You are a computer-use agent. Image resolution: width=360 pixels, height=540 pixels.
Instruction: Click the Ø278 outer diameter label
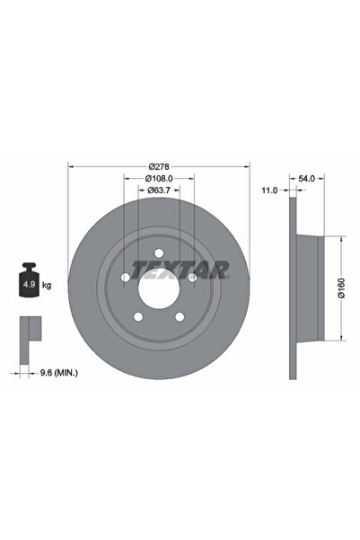pos(159,167)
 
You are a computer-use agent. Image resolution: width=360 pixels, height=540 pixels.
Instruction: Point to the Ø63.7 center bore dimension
pos(159,190)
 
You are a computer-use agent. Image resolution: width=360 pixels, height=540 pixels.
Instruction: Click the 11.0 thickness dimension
pos(268,190)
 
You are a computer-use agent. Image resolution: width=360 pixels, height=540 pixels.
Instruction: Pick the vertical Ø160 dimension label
pos(341,288)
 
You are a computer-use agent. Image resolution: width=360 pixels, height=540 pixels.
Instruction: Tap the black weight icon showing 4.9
pos(28,284)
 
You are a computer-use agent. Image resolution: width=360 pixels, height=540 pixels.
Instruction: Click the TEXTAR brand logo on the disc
pos(180,269)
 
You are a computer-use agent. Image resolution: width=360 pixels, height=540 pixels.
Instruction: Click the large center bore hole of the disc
pos(159,288)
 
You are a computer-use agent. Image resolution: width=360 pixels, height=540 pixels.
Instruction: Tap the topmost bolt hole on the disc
pos(159,253)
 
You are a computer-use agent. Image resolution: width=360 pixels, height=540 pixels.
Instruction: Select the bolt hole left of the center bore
pos(127,277)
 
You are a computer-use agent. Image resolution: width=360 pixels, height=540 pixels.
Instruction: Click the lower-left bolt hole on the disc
pos(139,315)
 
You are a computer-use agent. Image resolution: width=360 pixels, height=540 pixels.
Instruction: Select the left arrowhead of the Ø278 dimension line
pos(72,167)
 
